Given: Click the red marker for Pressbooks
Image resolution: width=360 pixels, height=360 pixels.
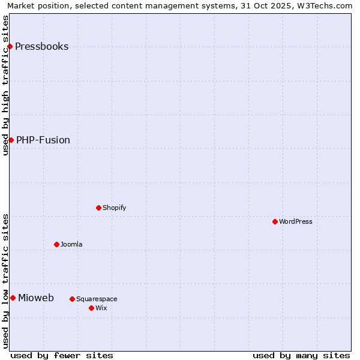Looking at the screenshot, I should [10, 46].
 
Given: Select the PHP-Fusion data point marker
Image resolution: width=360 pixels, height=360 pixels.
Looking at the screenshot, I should [11, 140].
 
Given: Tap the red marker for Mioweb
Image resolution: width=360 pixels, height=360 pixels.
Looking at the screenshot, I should [13, 298].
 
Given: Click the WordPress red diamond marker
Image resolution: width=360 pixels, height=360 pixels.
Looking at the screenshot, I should [275, 221].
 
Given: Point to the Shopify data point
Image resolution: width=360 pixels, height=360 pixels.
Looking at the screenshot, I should [98, 208].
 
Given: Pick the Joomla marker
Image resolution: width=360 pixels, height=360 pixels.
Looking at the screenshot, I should [56, 244].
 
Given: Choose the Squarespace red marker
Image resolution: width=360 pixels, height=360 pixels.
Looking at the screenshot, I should [72, 299].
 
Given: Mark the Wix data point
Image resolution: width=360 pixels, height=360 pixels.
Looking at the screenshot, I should [91, 308].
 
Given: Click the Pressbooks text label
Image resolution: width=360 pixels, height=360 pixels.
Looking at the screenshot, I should [41, 46].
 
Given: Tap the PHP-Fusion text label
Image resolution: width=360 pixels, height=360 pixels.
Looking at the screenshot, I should [43, 140].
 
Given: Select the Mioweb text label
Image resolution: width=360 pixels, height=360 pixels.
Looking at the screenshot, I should [36, 298].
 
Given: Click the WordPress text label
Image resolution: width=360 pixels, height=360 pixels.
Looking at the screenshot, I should [296, 221].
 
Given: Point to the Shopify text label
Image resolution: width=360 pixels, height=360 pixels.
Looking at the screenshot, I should [114, 208].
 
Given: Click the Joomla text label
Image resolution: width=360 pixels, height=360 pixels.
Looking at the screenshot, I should [71, 244].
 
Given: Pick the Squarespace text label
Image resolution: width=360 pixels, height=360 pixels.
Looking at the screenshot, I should [97, 299].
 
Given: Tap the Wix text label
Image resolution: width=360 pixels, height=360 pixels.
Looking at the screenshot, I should [101, 308].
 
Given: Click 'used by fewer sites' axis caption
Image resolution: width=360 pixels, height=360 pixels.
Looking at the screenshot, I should [62, 355].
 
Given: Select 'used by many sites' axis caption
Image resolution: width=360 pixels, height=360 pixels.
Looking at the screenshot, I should [301, 355].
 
